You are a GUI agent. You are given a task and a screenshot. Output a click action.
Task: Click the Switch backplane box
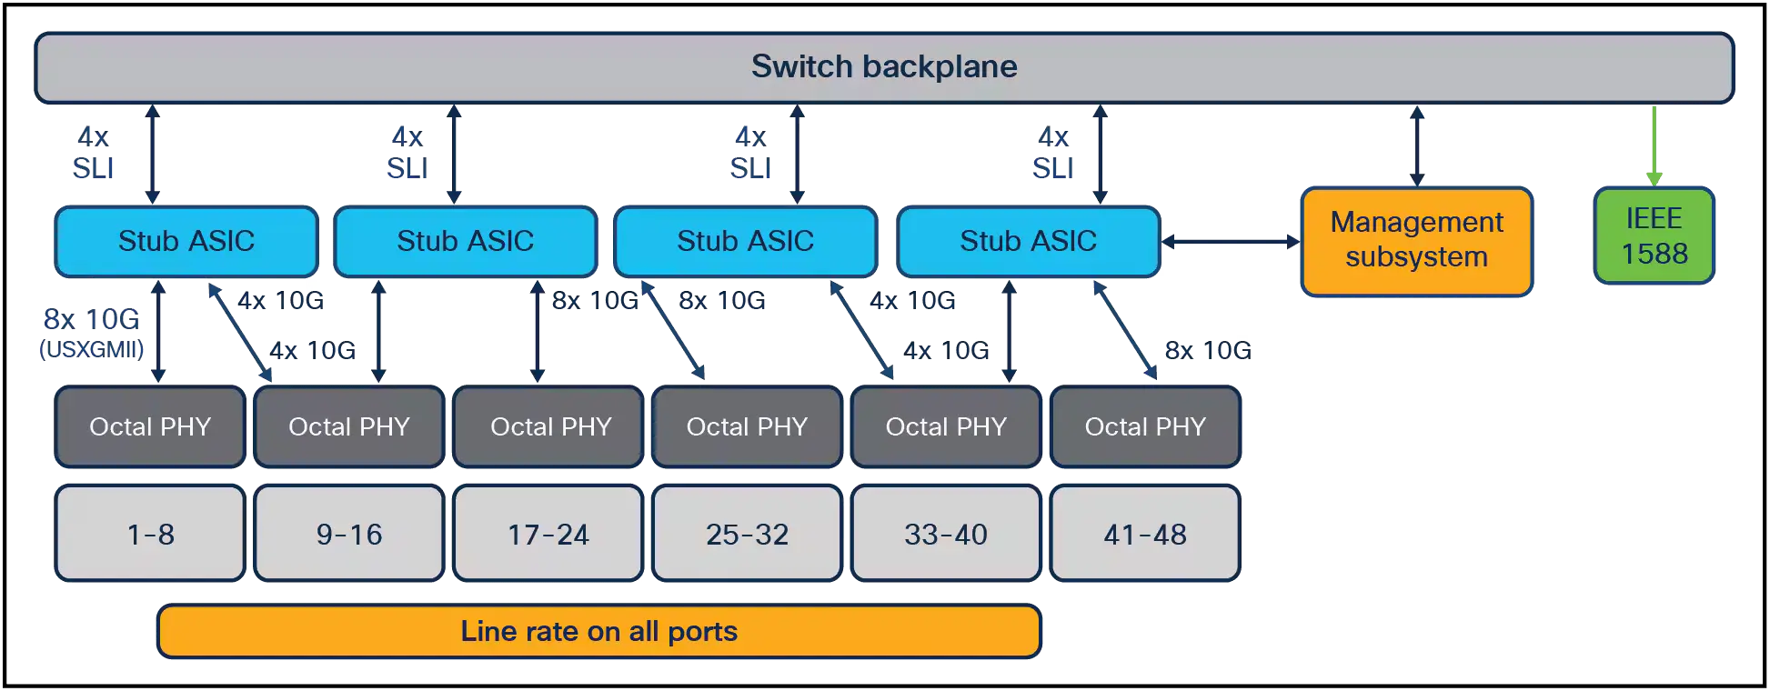click(884, 68)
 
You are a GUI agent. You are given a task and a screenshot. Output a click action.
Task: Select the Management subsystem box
click(1417, 242)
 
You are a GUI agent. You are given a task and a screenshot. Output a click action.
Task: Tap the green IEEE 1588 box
click(1654, 235)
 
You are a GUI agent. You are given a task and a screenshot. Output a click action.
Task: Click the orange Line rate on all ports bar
click(599, 631)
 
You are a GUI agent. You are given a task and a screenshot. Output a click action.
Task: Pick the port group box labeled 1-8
click(150, 533)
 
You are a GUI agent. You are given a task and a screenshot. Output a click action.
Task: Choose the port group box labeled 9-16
click(349, 533)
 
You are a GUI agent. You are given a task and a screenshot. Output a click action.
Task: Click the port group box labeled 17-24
click(548, 533)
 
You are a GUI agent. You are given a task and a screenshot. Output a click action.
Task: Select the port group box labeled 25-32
click(748, 533)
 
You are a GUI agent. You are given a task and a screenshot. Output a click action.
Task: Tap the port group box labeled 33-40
click(946, 533)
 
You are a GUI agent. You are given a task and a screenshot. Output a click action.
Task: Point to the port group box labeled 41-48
click(1145, 533)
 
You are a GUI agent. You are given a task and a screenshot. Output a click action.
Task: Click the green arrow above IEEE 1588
click(1654, 146)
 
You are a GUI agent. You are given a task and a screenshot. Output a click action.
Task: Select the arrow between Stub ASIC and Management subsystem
click(1232, 242)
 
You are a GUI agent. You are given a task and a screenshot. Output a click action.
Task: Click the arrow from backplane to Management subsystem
click(1417, 146)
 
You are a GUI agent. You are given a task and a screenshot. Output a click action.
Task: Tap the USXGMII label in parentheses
click(92, 349)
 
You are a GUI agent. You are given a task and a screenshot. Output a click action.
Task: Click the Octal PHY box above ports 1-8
click(150, 426)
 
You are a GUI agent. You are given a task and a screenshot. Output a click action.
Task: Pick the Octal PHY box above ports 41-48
click(1145, 426)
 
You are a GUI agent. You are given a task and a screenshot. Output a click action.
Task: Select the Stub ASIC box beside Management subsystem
click(1029, 241)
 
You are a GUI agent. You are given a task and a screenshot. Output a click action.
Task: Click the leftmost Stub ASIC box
click(186, 241)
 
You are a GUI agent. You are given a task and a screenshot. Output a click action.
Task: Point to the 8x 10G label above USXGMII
click(92, 319)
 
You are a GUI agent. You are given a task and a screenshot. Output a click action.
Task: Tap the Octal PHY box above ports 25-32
click(748, 426)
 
